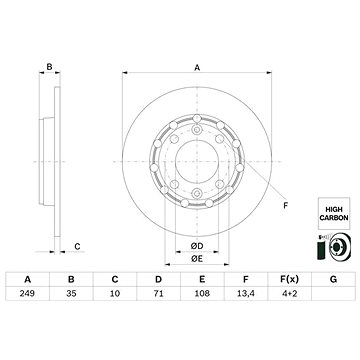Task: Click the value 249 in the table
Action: pos(28,293)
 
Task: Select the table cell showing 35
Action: pos(71,293)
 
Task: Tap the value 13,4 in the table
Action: pos(246,293)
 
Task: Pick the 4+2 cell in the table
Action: pos(289,293)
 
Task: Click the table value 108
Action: pos(202,293)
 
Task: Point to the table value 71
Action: pos(158,293)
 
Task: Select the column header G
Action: pos(333,279)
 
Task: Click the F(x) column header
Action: pos(289,279)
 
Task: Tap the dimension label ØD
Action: pos(197,246)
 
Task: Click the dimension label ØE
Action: pos(197,259)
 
